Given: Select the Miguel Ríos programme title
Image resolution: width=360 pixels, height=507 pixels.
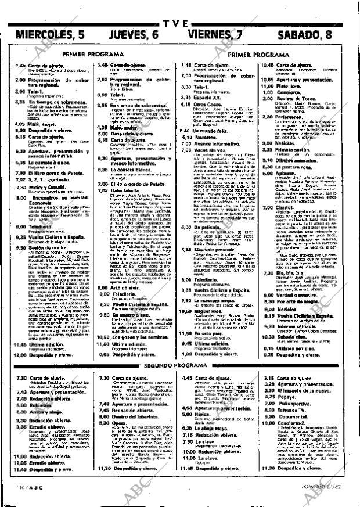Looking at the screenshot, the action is (x=209, y=311).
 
